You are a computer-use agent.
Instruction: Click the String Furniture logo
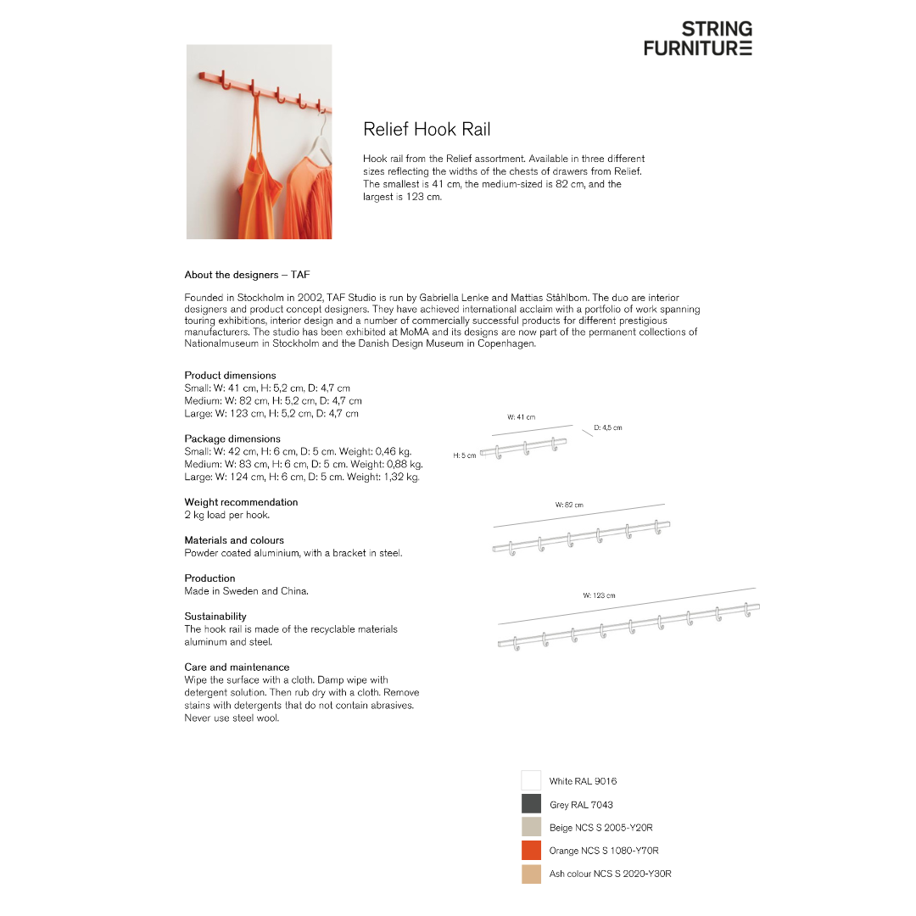click(x=697, y=39)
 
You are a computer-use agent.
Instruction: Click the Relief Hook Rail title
click(x=427, y=130)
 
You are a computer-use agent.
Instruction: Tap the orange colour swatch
click(x=531, y=850)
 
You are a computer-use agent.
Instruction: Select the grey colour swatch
click(x=531, y=804)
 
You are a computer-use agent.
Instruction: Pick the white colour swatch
click(x=531, y=780)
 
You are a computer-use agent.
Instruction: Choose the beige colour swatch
click(x=531, y=827)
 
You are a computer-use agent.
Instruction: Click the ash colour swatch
click(x=531, y=874)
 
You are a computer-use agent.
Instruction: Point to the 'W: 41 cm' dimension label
click(x=521, y=417)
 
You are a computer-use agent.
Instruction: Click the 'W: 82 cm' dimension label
click(x=569, y=505)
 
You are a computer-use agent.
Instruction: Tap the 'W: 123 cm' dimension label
click(x=599, y=595)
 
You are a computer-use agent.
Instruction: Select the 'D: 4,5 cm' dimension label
click(x=607, y=427)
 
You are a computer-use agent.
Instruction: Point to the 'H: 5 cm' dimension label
click(x=464, y=455)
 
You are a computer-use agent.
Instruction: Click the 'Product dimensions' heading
click(x=230, y=375)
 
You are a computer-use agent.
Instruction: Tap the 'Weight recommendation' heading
click(x=241, y=502)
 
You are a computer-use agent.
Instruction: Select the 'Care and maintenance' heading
click(x=237, y=667)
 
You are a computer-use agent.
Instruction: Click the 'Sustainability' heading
click(x=215, y=617)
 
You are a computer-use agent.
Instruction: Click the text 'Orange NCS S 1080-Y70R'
click(x=603, y=851)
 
